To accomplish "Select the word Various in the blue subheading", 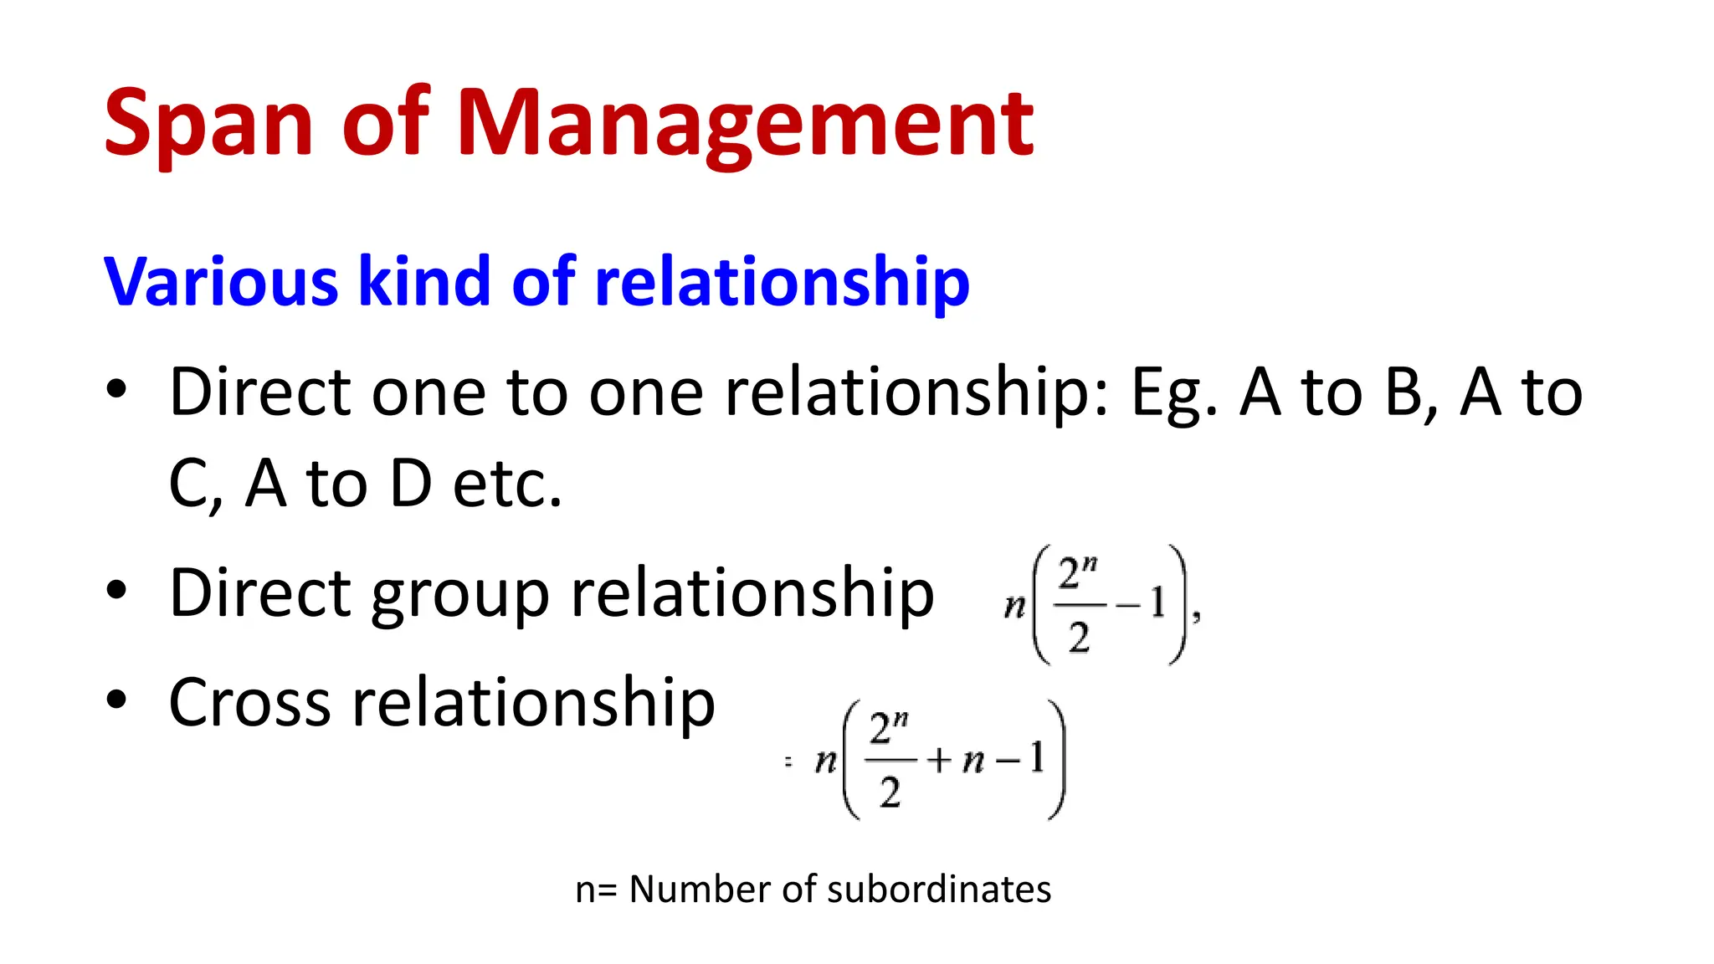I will click(x=220, y=282).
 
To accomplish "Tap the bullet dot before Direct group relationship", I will click(x=116, y=590).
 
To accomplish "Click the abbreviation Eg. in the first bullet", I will click(x=1173, y=393).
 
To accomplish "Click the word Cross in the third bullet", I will click(x=249, y=702).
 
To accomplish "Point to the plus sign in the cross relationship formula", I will click(x=939, y=760).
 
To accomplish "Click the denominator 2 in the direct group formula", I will click(x=1079, y=638).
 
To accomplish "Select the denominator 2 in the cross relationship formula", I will click(x=890, y=792).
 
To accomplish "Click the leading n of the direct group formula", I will click(x=1014, y=605).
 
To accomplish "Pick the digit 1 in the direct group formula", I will click(x=1157, y=602).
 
